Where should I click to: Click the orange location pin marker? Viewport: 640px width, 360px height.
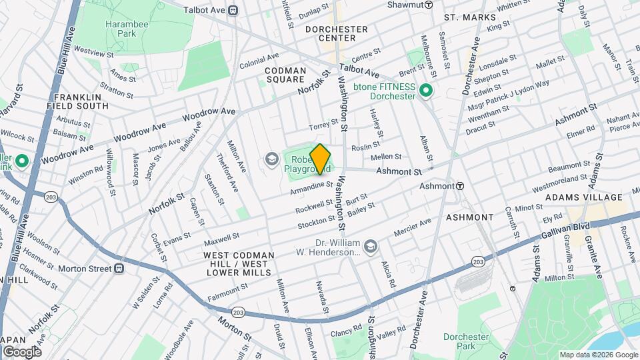pyautogui.click(x=321, y=159)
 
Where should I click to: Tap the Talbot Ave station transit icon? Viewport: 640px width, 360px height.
pyautogui.click(x=233, y=9)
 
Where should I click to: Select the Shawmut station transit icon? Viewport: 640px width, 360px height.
pyautogui.click(x=429, y=5)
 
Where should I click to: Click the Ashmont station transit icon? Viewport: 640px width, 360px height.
pyautogui.click(x=460, y=186)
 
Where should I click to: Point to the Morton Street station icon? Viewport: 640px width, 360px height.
pyautogui.click(x=119, y=269)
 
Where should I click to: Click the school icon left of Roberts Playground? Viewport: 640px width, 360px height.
pyautogui.click(x=271, y=159)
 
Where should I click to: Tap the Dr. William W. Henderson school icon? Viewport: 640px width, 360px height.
pyautogui.click(x=371, y=247)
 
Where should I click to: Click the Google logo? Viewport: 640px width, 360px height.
pyautogui.click(x=22, y=351)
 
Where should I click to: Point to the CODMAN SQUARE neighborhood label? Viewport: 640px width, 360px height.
pyautogui.click(x=285, y=75)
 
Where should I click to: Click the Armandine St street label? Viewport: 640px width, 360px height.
pyautogui.click(x=311, y=187)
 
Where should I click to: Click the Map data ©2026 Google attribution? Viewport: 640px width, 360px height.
pyautogui.click(x=598, y=355)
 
